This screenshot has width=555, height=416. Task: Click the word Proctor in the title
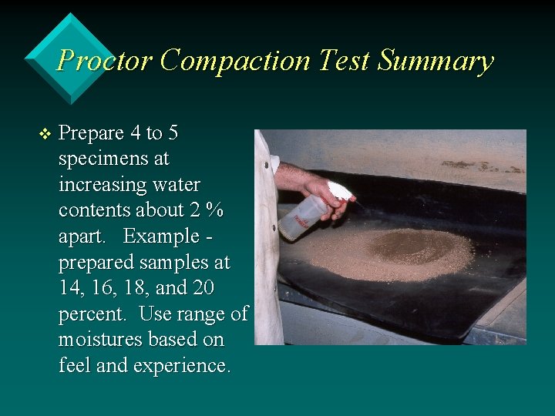104,60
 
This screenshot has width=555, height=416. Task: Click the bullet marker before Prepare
44,134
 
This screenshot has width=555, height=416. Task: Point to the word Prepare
91,133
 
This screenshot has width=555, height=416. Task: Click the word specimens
113,159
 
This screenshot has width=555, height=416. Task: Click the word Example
160,237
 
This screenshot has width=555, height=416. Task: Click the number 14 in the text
71,289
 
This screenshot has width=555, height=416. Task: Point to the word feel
74,366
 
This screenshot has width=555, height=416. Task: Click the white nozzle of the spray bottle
341,190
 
